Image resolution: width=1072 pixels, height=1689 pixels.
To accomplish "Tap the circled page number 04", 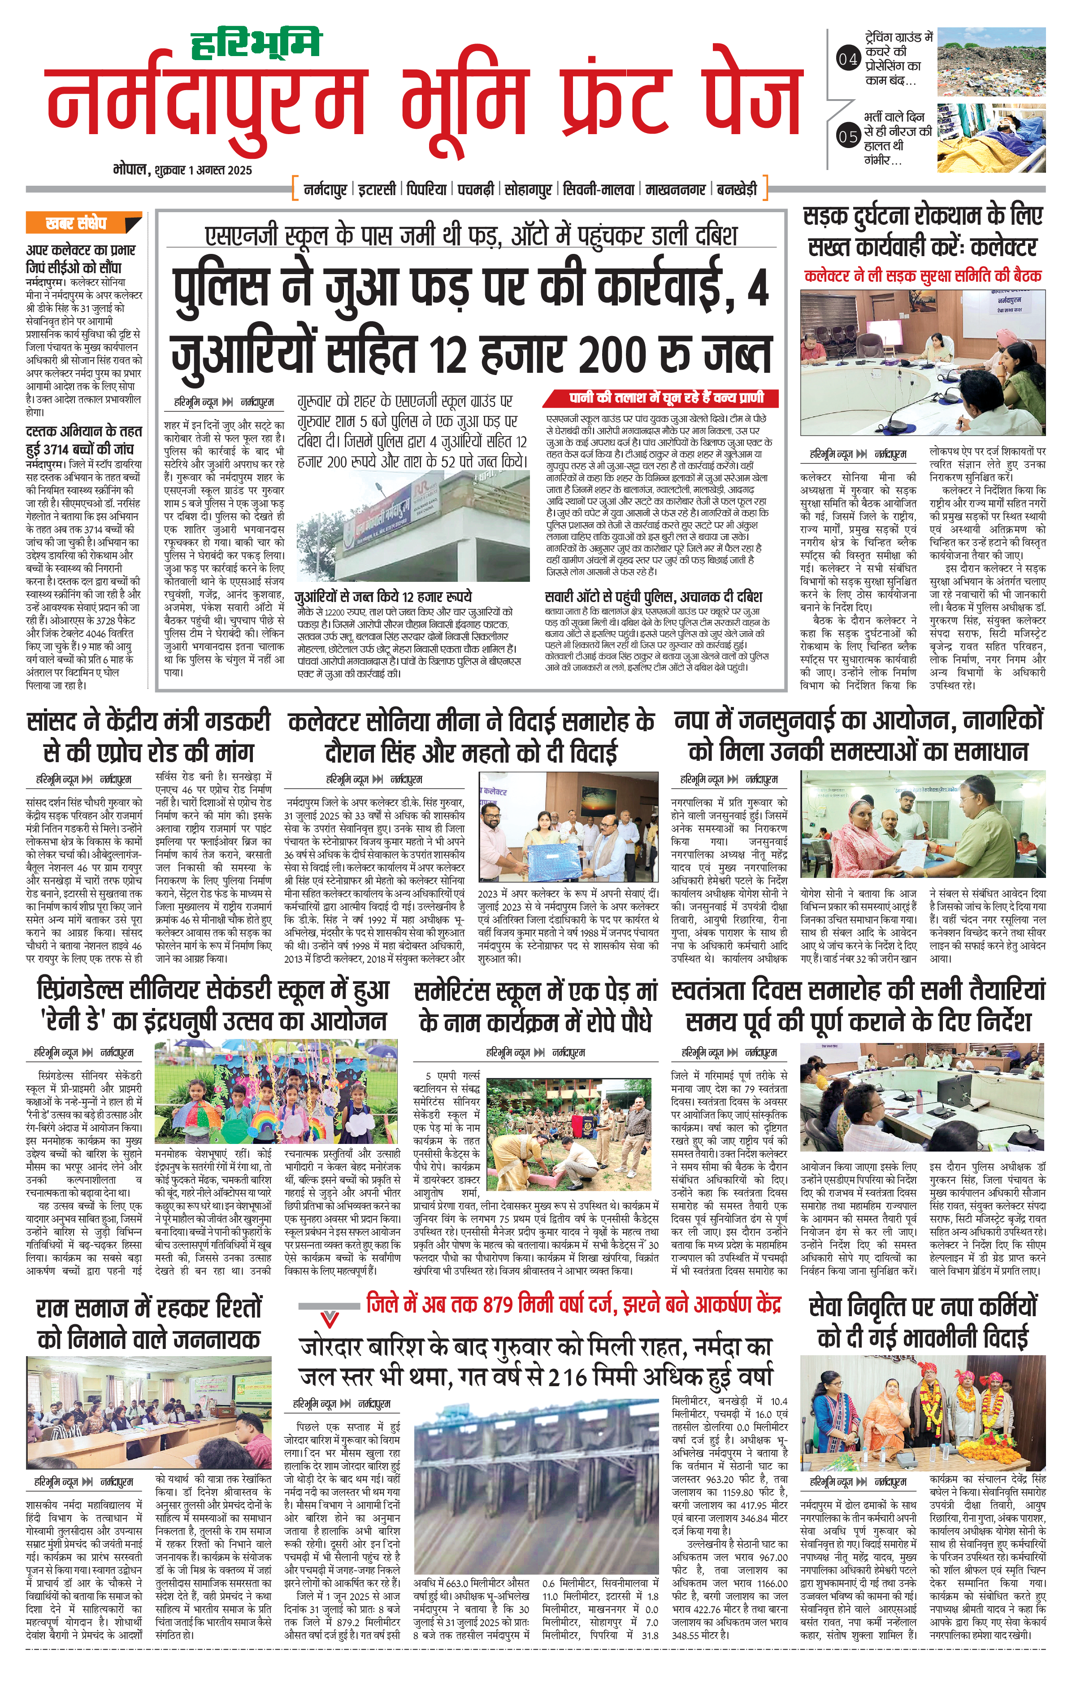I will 848,60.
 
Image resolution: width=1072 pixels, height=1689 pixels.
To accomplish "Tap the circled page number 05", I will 848,136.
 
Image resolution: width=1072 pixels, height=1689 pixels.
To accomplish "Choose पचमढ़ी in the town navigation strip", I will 476,189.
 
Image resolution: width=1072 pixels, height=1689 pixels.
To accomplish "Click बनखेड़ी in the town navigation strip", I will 737,189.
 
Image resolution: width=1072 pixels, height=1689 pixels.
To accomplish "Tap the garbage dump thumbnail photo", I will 991,62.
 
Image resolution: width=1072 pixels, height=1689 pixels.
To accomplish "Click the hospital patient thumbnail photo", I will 991,137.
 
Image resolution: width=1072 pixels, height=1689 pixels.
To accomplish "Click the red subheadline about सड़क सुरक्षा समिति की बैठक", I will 923,275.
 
